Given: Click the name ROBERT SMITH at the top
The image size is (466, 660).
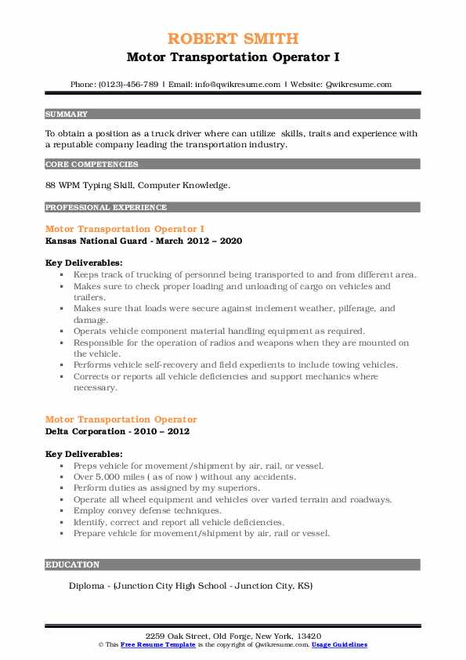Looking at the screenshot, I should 233,38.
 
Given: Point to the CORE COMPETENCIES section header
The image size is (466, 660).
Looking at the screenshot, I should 92,165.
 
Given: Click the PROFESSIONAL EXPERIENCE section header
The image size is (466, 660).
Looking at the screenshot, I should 106,208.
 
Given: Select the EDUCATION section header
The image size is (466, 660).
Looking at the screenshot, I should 73,564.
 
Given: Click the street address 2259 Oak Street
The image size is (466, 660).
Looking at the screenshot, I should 179,636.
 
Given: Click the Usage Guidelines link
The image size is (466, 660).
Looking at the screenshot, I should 339,644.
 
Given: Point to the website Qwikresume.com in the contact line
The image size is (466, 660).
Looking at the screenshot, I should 359,85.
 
